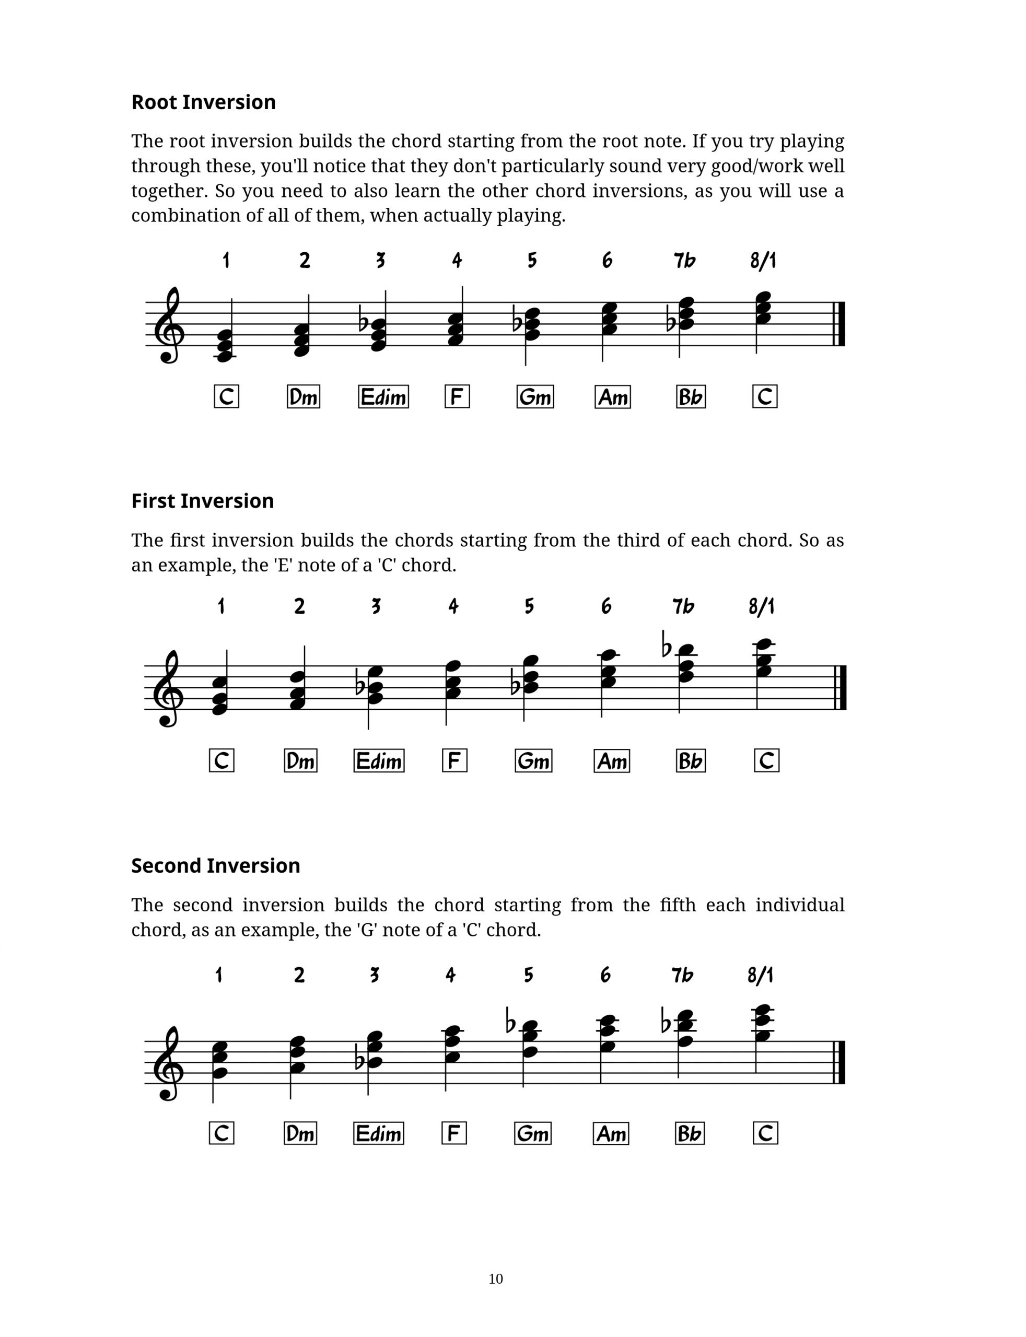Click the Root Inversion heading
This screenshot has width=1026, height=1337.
click(203, 102)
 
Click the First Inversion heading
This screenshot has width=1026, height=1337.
click(202, 501)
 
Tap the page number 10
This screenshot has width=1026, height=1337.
click(495, 1279)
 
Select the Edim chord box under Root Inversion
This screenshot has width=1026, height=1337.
click(383, 397)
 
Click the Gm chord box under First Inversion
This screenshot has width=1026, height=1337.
click(533, 761)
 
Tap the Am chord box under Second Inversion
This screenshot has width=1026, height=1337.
click(611, 1133)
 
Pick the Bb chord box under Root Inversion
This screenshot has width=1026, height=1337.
click(691, 397)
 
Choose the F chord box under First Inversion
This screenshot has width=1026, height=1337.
click(454, 761)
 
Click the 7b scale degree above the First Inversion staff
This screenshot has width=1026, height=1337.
click(683, 606)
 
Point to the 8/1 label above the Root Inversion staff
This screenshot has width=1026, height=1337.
click(763, 261)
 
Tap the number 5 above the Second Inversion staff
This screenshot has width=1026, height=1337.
click(528, 975)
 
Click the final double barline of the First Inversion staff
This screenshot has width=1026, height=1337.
click(841, 688)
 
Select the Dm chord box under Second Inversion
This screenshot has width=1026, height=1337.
click(300, 1133)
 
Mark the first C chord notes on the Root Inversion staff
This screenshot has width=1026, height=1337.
click(225, 346)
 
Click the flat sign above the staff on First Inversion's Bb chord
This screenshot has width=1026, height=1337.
click(668, 644)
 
